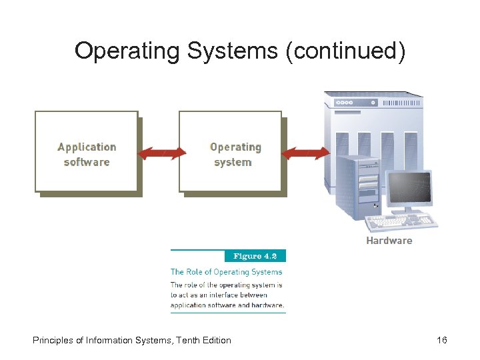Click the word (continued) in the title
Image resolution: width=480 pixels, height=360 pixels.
coord(345,51)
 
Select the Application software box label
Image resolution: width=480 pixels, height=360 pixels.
coord(87,154)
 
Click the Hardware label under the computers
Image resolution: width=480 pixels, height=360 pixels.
coord(389,240)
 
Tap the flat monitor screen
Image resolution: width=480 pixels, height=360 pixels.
coord(409,188)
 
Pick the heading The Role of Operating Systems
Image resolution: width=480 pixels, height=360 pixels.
coord(227,271)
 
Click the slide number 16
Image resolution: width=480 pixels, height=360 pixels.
coord(441,340)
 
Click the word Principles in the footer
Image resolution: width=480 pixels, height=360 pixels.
coord(53,340)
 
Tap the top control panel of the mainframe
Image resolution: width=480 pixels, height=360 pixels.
coord(373,102)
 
